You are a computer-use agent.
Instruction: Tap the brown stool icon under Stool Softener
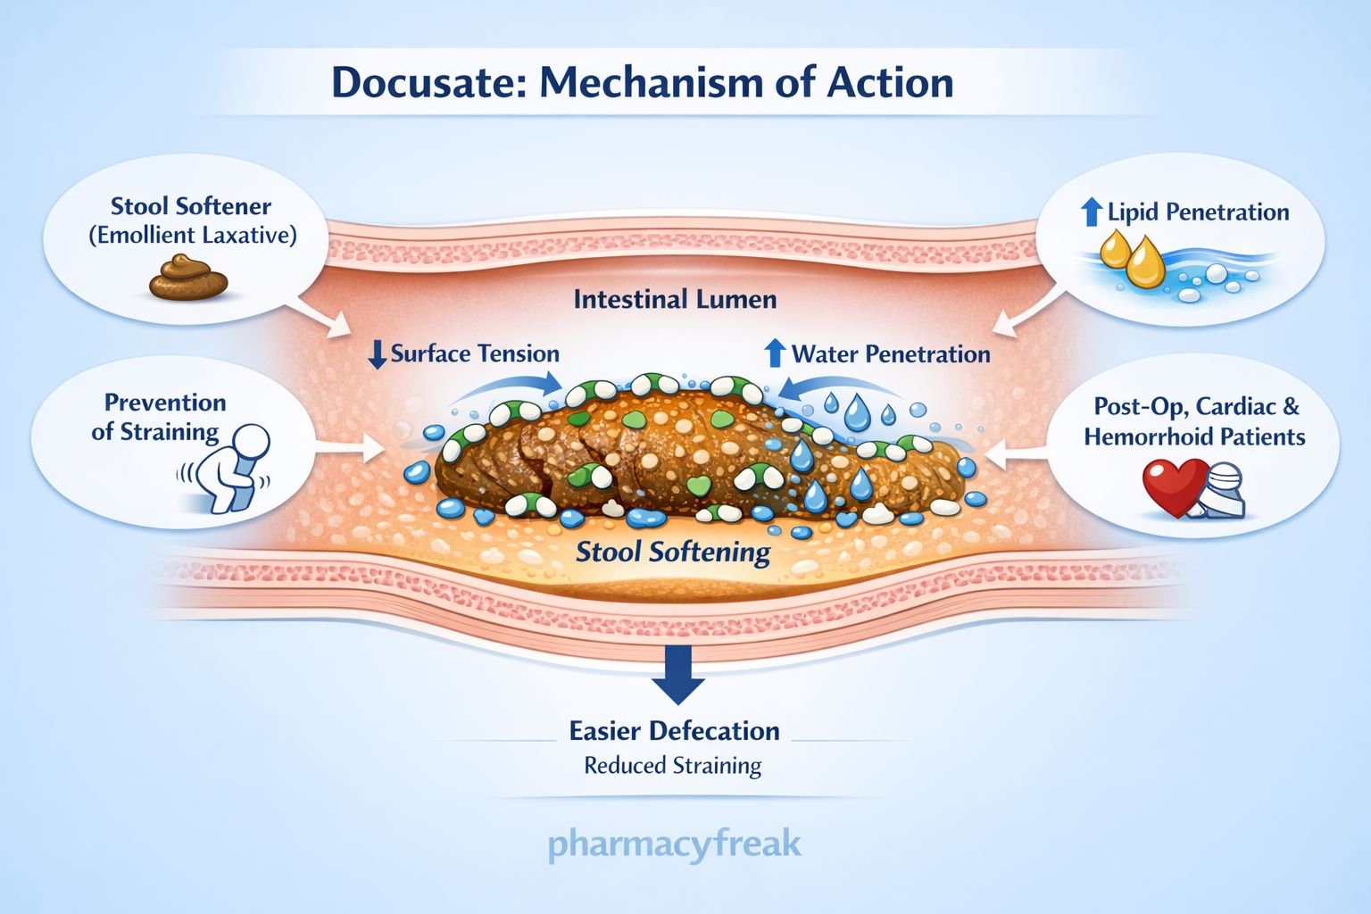pos(188,278)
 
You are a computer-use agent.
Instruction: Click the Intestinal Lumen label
pos(675,299)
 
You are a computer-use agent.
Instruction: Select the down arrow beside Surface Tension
pos(378,354)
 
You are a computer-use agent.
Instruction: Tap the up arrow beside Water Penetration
pos(775,353)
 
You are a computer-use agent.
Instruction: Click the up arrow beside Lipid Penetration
pos(1091,212)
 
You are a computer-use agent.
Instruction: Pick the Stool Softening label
pos(673,552)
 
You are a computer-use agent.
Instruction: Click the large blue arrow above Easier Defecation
pos(677,675)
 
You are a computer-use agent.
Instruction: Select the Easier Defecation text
pos(675,731)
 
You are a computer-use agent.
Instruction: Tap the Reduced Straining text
pos(673,766)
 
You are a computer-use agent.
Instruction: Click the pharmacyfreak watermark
pos(675,843)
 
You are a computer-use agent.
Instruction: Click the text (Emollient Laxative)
pos(192,236)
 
